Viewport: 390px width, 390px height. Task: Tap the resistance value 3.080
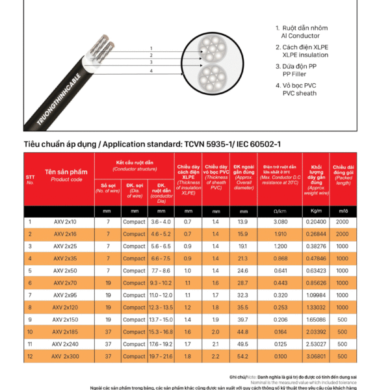[280, 222]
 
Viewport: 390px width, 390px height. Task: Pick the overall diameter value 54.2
[242, 356]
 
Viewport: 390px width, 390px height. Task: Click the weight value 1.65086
[316, 320]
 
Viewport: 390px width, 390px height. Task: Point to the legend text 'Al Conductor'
[300, 36]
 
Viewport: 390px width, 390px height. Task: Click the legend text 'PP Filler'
[296, 74]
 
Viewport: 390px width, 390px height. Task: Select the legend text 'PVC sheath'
[300, 93]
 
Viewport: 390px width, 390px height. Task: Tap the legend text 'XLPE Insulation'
[305, 55]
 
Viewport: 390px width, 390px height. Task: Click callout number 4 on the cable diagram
[151, 70]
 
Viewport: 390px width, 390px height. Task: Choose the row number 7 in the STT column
[30, 295]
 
